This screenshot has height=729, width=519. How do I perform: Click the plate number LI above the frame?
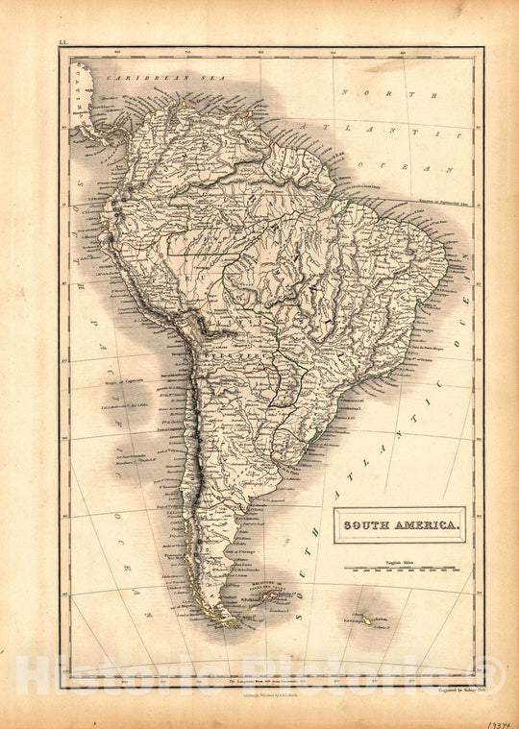coord(63,44)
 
